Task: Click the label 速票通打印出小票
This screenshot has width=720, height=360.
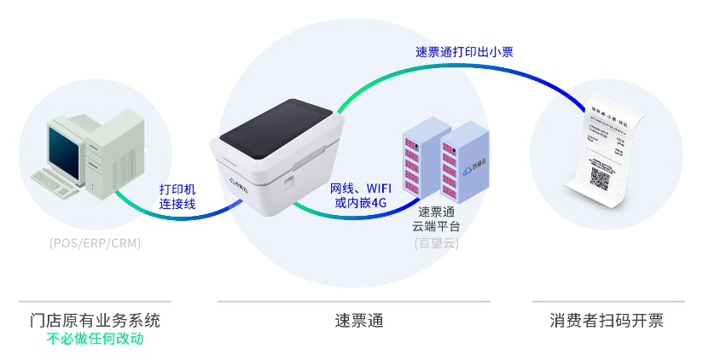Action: click(463, 52)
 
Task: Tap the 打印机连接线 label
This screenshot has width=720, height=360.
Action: click(177, 197)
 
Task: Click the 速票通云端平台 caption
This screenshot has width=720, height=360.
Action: click(436, 219)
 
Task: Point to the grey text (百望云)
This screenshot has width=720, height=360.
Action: click(436, 243)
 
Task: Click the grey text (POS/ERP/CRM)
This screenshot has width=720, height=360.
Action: click(95, 243)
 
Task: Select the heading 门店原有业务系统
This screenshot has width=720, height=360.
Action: click(94, 321)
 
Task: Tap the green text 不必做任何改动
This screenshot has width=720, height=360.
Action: click(94, 340)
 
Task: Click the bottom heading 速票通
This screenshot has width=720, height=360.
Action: click(358, 321)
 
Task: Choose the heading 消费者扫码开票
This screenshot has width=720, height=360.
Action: click(607, 321)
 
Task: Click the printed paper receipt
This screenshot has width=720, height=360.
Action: click(608, 149)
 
